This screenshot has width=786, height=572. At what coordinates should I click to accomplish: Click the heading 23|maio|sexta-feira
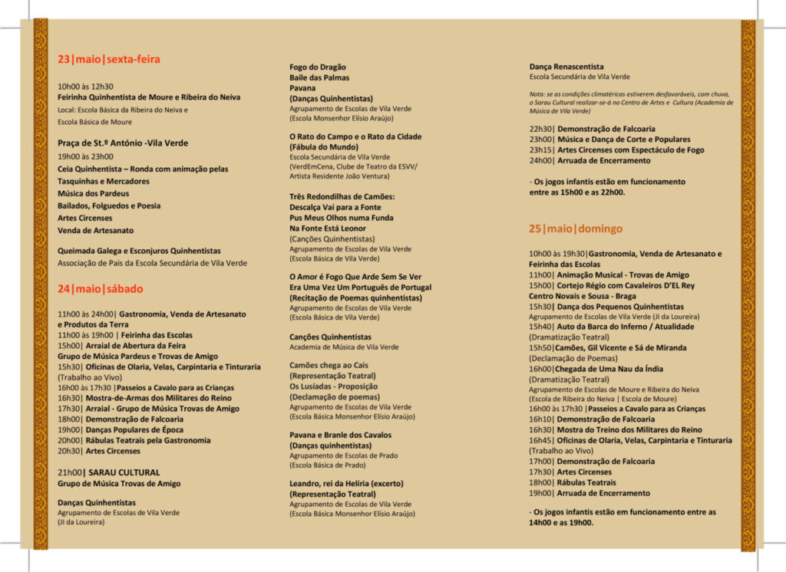point(109,59)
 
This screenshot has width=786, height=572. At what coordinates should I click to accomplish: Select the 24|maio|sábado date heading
point(100,289)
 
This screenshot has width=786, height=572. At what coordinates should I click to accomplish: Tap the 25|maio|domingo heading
point(576,228)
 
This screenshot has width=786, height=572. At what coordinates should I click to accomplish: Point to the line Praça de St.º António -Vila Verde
point(123,143)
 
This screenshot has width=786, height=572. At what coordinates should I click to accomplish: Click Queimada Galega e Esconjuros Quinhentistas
point(139,251)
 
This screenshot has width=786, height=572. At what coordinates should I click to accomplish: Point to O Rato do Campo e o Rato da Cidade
point(355,136)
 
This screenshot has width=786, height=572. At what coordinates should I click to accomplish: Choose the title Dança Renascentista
point(566,67)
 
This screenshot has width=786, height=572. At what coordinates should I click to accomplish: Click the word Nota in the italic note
point(538,94)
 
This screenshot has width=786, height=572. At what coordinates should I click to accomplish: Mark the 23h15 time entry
point(541,150)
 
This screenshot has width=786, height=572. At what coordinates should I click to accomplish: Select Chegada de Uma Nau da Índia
point(610,369)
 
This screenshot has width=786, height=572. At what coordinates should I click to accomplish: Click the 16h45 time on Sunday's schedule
point(541,440)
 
